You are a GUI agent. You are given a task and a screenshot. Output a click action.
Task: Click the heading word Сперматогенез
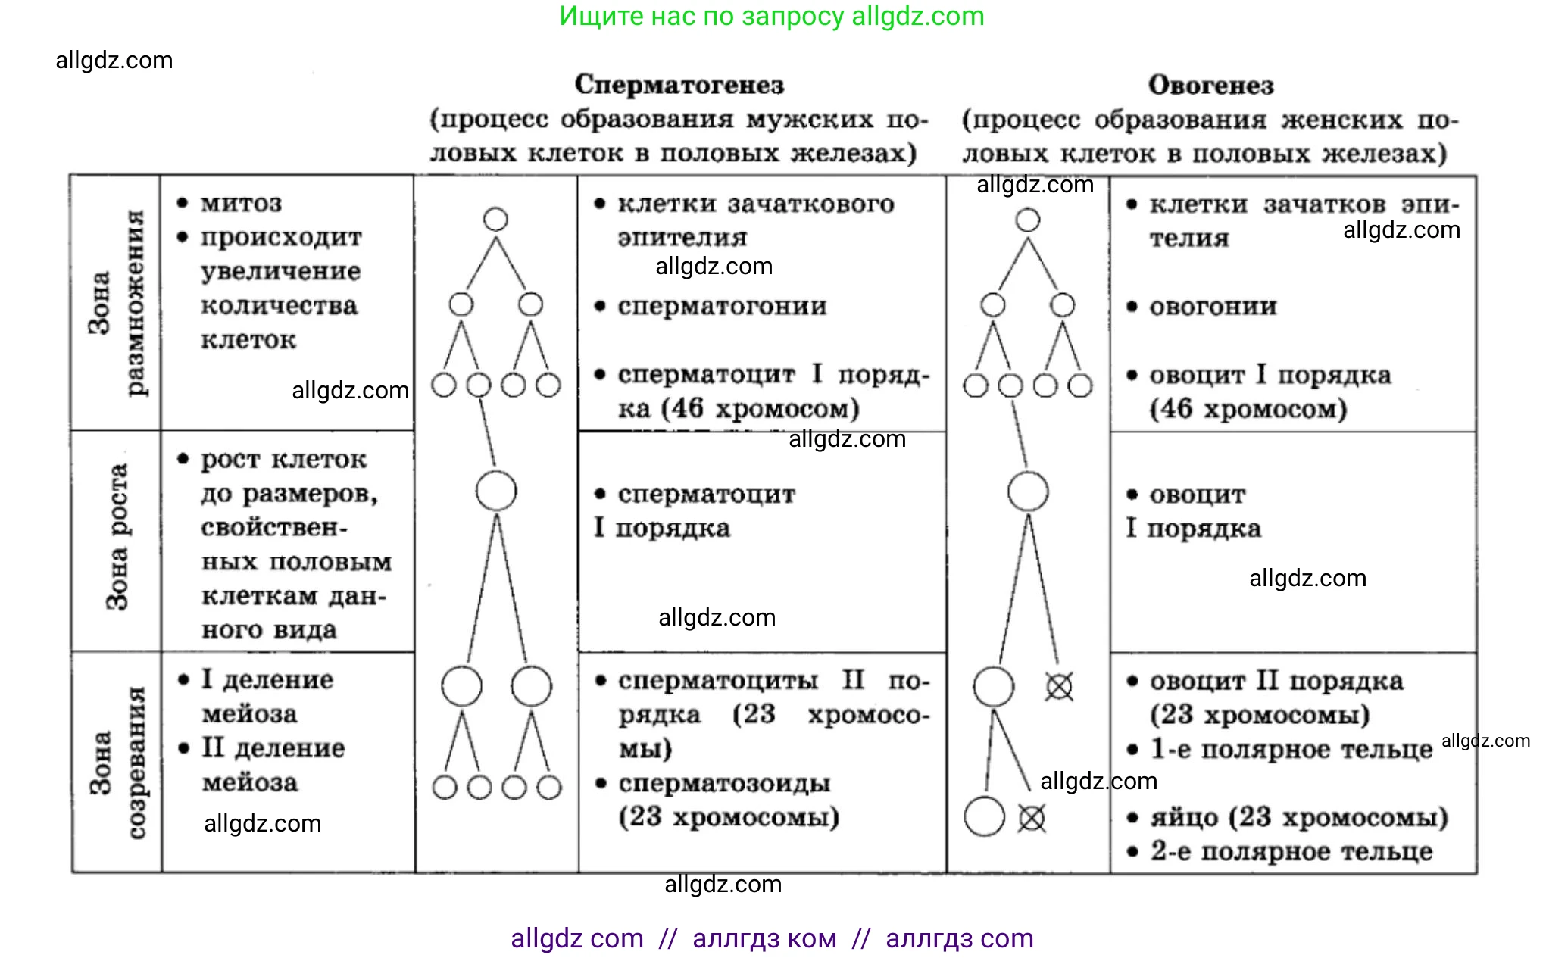pyautogui.click(x=679, y=85)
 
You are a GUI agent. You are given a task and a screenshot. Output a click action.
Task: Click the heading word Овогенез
pyautogui.click(x=1210, y=86)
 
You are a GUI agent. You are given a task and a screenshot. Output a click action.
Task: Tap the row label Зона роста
pyautogui.click(x=117, y=537)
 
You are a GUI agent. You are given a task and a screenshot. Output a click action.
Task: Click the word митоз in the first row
pyautogui.click(x=241, y=204)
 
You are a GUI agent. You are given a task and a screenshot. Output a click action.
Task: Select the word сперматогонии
pyautogui.click(x=722, y=307)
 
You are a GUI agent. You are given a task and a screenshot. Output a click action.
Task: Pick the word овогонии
pyautogui.click(x=1213, y=307)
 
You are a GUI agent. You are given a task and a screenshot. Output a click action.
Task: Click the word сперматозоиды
pyautogui.click(x=724, y=783)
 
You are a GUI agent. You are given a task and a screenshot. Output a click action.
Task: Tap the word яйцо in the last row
pyautogui.click(x=1183, y=818)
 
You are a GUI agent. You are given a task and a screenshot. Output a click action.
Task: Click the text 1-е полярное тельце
pyautogui.click(x=1291, y=750)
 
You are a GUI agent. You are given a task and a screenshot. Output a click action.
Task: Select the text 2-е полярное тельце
pyautogui.click(x=1291, y=852)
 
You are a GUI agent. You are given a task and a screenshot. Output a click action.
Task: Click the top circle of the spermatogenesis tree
pyautogui.click(x=495, y=220)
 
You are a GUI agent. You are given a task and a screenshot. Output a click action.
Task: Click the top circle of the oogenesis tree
pyautogui.click(x=1028, y=220)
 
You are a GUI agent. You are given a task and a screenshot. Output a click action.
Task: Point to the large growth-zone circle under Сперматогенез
pyautogui.click(x=496, y=491)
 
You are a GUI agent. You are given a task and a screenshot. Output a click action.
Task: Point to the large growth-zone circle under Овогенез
pyautogui.click(x=1028, y=491)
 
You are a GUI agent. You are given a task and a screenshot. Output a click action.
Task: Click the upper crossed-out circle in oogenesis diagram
pyautogui.click(x=1059, y=687)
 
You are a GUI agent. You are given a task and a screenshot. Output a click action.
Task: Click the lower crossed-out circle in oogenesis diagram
pyautogui.click(x=1032, y=818)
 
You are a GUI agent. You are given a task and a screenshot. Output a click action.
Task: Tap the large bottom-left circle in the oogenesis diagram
pyautogui.click(x=984, y=816)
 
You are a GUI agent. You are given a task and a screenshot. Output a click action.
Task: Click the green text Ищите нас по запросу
pyautogui.click(x=701, y=17)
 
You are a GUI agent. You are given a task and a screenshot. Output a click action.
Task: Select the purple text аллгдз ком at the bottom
pyautogui.click(x=764, y=939)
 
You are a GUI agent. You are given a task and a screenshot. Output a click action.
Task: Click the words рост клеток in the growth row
pyautogui.click(x=283, y=460)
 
